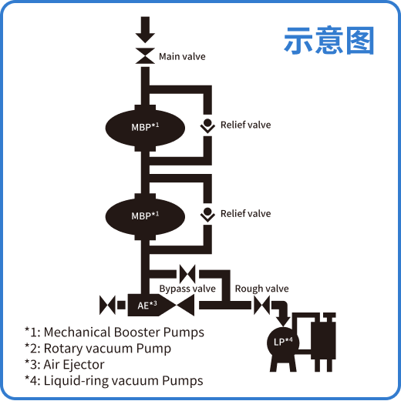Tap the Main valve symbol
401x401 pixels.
pos(144,56)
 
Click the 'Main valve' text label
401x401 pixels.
pos(182,56)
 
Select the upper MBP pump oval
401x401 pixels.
pos(144,125)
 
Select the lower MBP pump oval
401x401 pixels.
pos(144,215)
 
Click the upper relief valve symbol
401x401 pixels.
pos(207,125)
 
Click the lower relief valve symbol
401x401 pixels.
pos(207,214)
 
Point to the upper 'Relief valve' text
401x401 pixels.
pos(245,125)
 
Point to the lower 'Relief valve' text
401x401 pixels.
pos(245,213)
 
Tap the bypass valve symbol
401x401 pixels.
pos(187,273)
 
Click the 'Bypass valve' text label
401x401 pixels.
pos(187,289)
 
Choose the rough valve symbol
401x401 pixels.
pos(262,306)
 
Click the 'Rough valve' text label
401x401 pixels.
pos(261,289)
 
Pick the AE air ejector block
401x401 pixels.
pos(148,306)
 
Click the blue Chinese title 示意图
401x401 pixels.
pos(329,41)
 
